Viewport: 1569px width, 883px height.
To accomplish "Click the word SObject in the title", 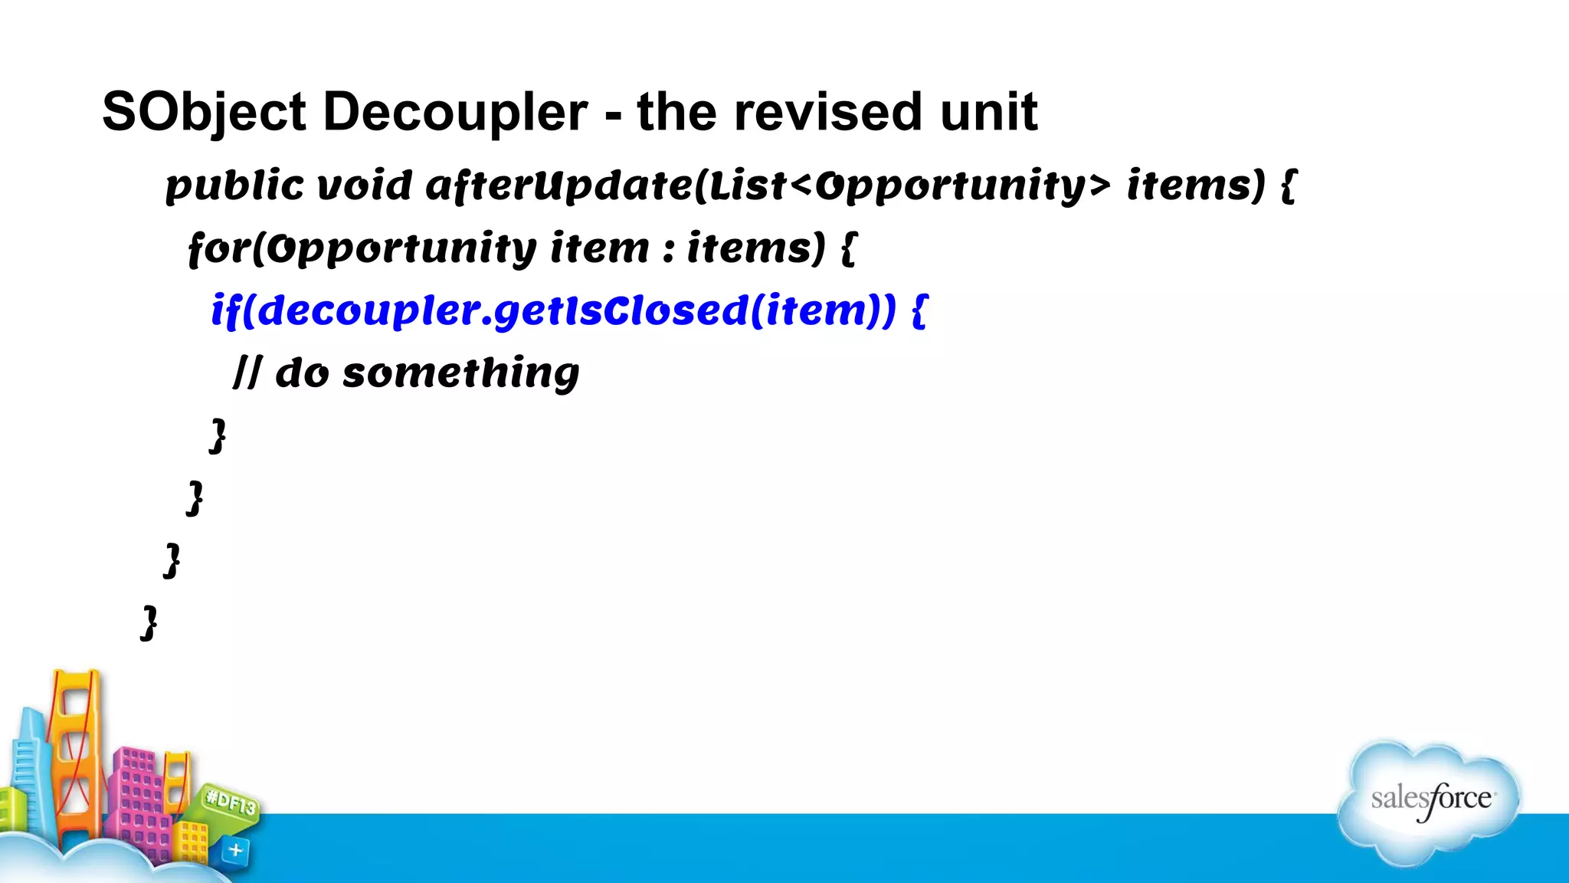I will pyautogui.click(x=204, y=113).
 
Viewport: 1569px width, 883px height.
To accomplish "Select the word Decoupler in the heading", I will pyautogui.click(x=455, y=113).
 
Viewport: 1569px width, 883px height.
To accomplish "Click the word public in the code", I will pyautogui.click(x=234, y=186).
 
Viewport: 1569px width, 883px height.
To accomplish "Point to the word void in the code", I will pyautogui.click(x=365, y=186).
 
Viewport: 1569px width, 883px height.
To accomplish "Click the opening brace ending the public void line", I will pyautogui.click(x=1288, y=186).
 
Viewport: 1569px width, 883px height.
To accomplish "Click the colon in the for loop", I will pyautogui.click(x=669, y=249).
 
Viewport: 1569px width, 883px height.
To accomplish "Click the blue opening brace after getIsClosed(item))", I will pyautogui.click(x=919, y=311).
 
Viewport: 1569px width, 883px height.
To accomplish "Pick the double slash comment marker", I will pyautogui.click(x=247, y=373).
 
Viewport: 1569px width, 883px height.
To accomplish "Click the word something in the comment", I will pyautogui.click(x=460, y=373).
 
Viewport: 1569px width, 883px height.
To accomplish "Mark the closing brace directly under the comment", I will pyautogui.click(x=218, y=435).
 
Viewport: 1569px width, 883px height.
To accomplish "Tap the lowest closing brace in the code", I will pyautogui.click(x=150, y=622).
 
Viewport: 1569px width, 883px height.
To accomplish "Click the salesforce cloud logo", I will pyautogui.click(x=1430, y=801).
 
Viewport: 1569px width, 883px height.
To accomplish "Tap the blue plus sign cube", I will pyautogui.click(x=235, y=850).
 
